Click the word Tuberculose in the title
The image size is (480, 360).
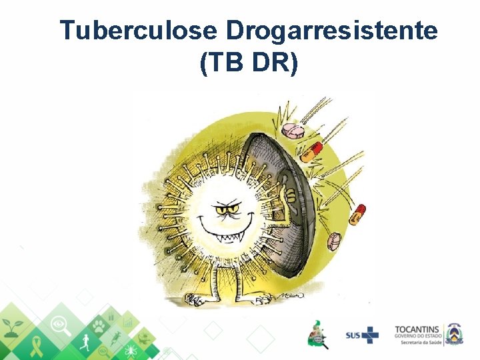(138, 31)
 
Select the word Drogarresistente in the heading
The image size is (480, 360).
(331, 31)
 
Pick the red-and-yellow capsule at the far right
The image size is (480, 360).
(359, 213)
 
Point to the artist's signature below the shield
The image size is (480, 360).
(292, 295)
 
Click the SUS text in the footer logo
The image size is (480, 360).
(354, 334)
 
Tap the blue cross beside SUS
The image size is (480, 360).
(371, 333)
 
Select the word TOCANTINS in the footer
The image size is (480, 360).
(417, 329)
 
